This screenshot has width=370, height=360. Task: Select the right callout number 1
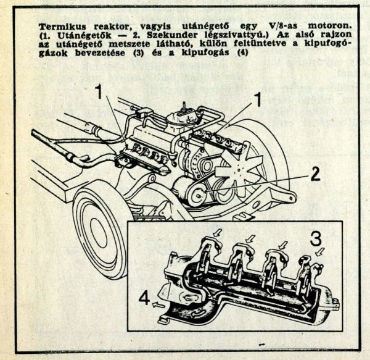(258, 99)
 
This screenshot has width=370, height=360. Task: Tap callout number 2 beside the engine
(314, 174)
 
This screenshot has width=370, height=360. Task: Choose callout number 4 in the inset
(143, 299)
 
